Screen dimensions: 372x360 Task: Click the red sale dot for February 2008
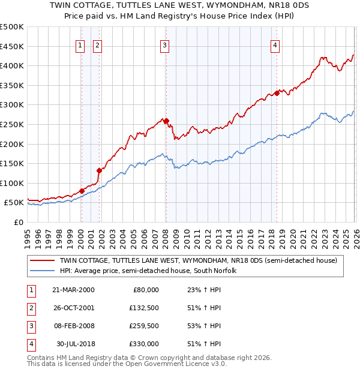tap(166, 121)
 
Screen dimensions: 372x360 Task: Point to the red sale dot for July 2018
tap(277, 93)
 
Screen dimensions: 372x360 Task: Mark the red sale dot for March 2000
tap(82, 191)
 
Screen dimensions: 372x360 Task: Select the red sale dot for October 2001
tap(99, 170)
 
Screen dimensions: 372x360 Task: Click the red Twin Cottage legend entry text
tap(199, 261)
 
